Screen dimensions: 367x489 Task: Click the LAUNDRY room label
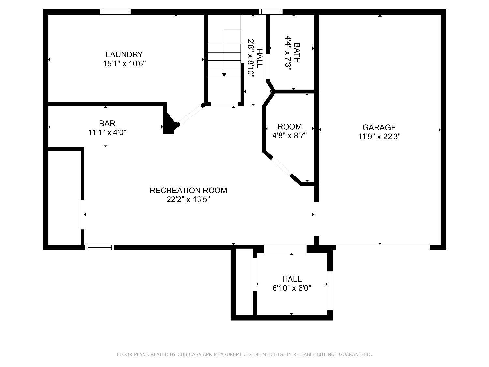(x=124, y=54)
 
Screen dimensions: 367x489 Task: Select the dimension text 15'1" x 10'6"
(x=124, y=64)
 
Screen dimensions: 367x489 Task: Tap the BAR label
(x=107, y=123)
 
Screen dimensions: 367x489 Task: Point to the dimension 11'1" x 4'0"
(x=107, y=132)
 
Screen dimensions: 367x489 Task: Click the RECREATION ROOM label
(x=188, y=190)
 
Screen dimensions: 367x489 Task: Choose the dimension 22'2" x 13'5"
(x=188, y=199)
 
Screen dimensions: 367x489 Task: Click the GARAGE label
(x=379, y=127)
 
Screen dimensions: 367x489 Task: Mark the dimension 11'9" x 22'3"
(x=379, y=136)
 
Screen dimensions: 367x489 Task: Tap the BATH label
(x=297, y=53)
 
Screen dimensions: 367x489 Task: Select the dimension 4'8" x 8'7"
(x=289, y=135)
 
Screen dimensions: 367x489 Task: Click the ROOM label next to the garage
(x=289, y=126)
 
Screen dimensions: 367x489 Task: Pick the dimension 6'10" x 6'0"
(x=292, y=288)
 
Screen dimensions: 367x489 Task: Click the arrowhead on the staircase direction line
(x=224, y=75)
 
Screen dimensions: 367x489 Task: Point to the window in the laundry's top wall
(x=115, y=12)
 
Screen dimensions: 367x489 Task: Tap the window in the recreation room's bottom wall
(x=99, y=247)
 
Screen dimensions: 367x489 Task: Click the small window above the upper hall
(x=271, y=12)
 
